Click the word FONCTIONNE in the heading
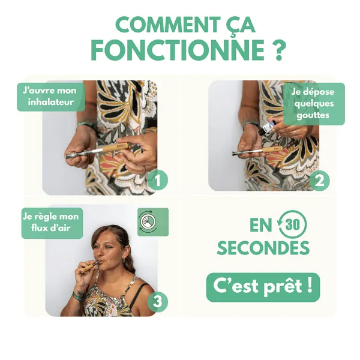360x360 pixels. click(x=178, y=50)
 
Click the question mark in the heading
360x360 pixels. click(x=279, y=50)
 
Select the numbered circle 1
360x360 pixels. click(x=157, y=180)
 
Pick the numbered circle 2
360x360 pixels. click(x=319, y=181)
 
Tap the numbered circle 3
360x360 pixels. click(x=157, y=301)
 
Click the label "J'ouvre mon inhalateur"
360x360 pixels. click(x=51, y=97)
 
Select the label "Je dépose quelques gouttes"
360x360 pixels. click(x=314, y=104)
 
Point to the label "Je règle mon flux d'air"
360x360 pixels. click(x=52, y=223)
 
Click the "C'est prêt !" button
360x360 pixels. click(x=263, y=287)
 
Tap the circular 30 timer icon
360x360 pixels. click(x=292, y=224)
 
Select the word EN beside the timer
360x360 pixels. click(x=260, y=225)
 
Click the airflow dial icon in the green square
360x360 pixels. click(x=148, y=221)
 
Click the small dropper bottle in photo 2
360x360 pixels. click(x=266, y=127)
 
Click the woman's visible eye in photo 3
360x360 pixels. click(x=107, y=247)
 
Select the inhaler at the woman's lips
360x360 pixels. click(x=91, y=266)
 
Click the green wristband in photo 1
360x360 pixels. click(x=86, y=125)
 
